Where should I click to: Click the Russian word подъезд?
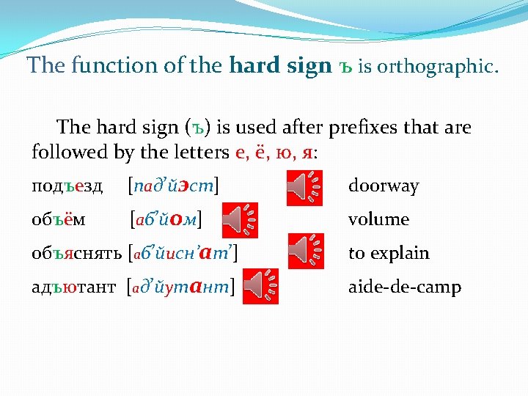(67, 186)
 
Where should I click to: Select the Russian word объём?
(56, 219)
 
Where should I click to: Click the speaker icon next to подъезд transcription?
(304, 186)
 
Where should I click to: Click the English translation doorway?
(383, 186)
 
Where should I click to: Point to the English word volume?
(378, 219)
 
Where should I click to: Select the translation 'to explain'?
(389, 254)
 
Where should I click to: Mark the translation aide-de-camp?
(404, 287)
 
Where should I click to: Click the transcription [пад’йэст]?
(175, 186)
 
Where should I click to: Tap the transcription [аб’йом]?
(166, 219)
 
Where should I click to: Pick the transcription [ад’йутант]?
(181, 286)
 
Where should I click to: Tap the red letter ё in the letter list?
(260, 153)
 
